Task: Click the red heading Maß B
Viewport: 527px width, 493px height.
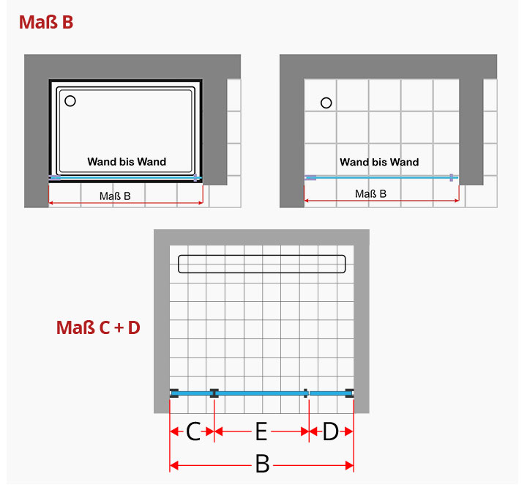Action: [46, 22]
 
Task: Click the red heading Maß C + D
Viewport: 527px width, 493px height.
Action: [98, 327]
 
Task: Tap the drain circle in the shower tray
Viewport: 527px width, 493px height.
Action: [70, 101]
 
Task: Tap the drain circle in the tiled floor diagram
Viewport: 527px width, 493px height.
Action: [326, 103]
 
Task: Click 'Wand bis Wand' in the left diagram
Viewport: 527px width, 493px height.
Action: [127, 162]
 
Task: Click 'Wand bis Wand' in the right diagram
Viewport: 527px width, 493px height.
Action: [379, 162]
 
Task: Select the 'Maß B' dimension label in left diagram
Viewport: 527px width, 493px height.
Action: [115, 196]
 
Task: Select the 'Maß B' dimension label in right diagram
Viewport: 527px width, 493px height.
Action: [370, 193]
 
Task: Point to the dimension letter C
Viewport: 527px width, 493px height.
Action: [193, 431]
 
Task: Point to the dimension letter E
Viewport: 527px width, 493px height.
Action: [261, 431]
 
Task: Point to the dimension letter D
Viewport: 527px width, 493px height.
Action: [330, 431]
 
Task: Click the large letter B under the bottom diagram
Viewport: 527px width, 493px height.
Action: [263, 464]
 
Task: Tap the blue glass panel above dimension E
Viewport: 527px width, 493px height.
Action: [261, 393]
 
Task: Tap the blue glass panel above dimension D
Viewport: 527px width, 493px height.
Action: [329, 393]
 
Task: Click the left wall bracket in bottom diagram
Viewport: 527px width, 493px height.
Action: [173, 393]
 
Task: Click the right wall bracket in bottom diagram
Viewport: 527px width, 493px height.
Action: [350, 393]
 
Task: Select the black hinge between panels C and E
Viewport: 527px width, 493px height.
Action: [214, 393]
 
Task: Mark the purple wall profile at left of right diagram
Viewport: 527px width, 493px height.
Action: [310, 177]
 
